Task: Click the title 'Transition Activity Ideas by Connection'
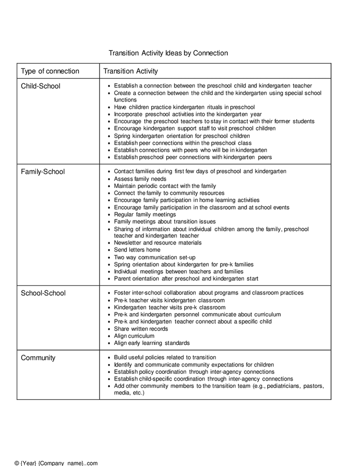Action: (x=168, y=53)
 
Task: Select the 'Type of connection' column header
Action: (x=50, y=71)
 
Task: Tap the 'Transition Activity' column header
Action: (x=131, y=71)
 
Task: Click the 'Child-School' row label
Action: (x=40, y=86)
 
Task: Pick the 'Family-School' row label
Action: (x=42, y=171)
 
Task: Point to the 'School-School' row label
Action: (x=43, y=293)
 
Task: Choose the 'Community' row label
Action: (x=38, y=358)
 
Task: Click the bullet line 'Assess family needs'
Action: (x=140, y=179)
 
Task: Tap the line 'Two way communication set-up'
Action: (x=154, y=257)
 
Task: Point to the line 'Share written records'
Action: (x=141, y=329)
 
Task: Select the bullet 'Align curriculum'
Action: (x=134, y=336)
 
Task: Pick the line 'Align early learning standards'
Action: (x=152, y=343)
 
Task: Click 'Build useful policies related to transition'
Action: (x=165, y=357)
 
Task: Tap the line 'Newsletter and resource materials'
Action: (x=157, y=242)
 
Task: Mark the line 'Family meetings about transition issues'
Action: (x=165, y=221)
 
